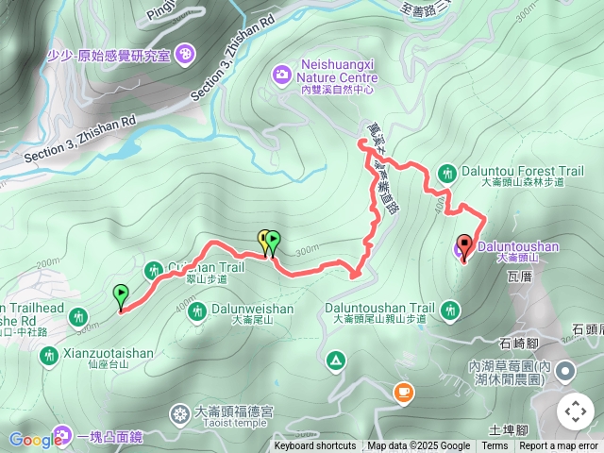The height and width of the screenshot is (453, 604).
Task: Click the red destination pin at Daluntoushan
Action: point(463,244)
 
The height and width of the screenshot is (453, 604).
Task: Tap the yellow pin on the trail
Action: point(263,240)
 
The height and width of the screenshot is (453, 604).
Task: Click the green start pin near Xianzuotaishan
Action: point(120,294)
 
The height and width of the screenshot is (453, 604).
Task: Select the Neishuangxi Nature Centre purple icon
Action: point(281,74)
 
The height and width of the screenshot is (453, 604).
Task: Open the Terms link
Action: point(495,446)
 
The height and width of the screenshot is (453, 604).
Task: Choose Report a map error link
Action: point(560,446)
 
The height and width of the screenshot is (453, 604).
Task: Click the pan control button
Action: point(575,411)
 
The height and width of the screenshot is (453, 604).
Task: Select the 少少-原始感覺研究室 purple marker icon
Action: point(185,54)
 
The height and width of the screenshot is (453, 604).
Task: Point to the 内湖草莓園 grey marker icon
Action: point(564,370)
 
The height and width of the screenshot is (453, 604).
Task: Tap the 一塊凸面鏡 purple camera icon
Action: point(63,436)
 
